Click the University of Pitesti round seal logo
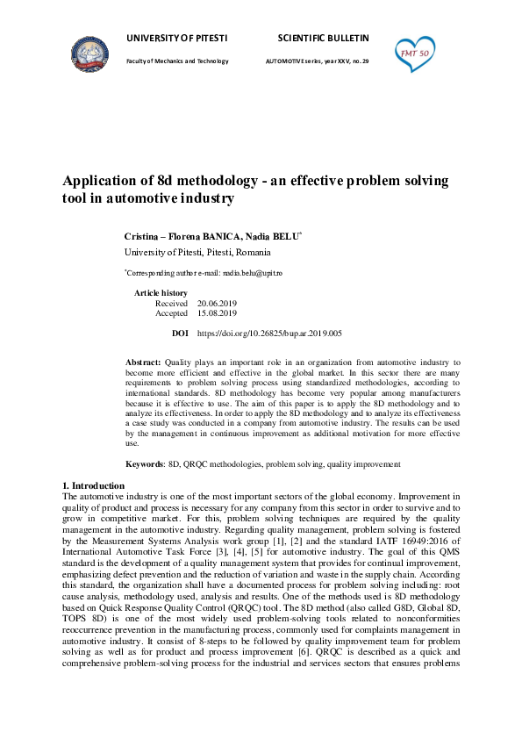[90, 56]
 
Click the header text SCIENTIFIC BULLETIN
[323, 39]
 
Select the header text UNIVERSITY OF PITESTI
[176, 39]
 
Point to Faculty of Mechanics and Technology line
[177, 61]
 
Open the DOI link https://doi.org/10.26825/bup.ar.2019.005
[269, 334]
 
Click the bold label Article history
[161, 292]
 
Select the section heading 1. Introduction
[94, 485]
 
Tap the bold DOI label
[180, 334]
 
